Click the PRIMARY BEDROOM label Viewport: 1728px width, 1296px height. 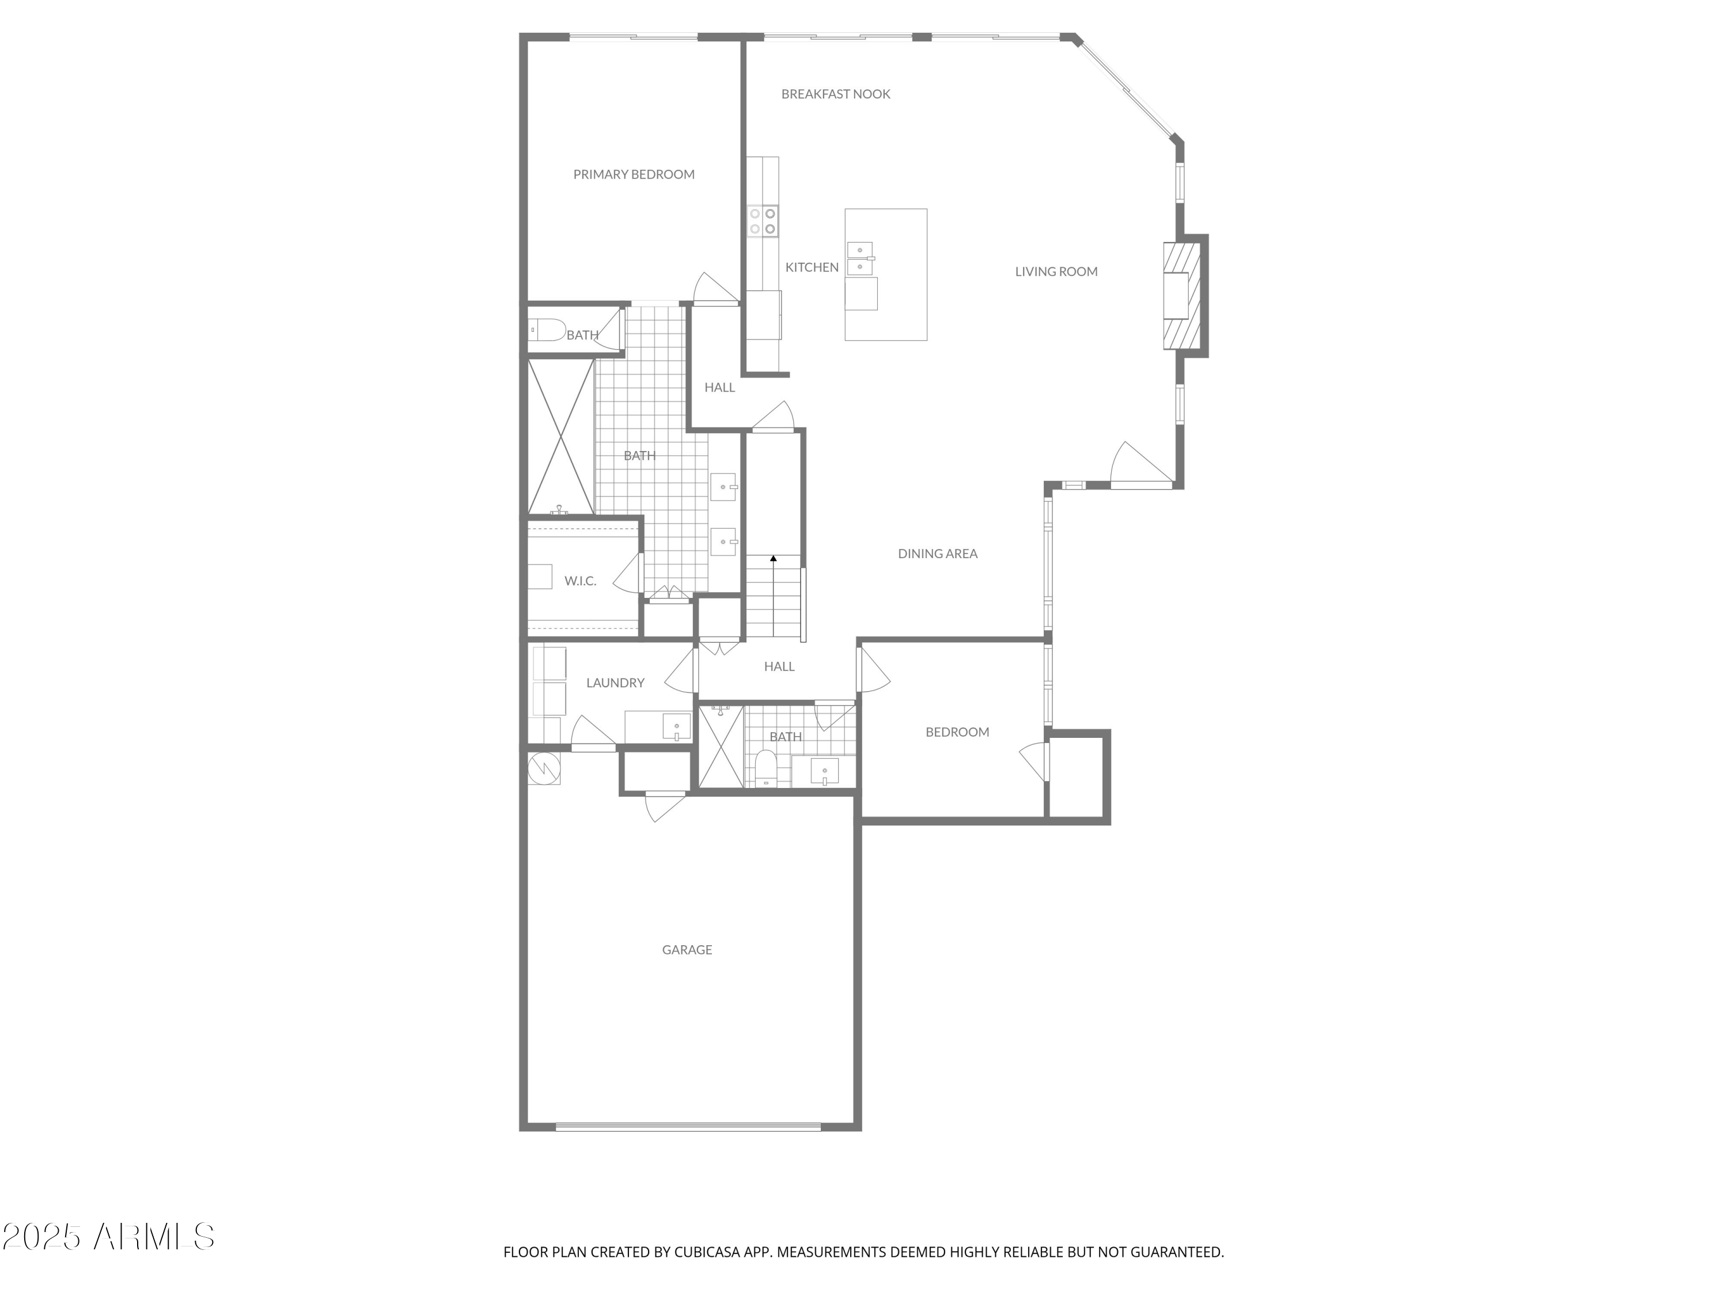[634, 174]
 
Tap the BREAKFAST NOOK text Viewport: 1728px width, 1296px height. [835, 94]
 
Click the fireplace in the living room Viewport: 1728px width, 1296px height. [1179, 295]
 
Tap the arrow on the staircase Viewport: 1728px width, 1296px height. [774, 559]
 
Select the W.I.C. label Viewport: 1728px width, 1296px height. [579, 581]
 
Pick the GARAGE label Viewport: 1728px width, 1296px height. [687, 950]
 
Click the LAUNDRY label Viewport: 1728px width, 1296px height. [615, 683]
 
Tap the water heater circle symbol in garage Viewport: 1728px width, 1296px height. [544, 768]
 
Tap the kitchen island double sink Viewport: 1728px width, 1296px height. [860, 259]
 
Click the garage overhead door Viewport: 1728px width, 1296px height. [687, 1127]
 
